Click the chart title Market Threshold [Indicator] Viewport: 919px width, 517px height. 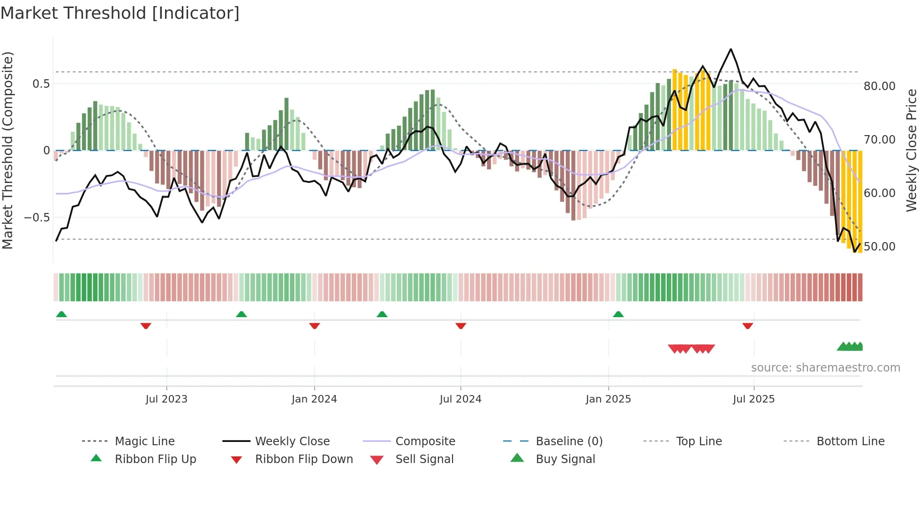(x=120, y=13)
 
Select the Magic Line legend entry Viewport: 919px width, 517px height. (x=144, y=441)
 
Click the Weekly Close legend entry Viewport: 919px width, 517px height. (x=292, y=441)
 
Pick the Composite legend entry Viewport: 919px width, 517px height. (x=425, y=441)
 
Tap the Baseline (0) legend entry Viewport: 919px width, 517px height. (x=569, y=441)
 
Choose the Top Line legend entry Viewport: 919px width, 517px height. (x=699, y=441)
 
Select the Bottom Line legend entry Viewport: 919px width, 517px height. (x=850, y=441)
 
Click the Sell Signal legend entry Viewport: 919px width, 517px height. (x=424, y=459)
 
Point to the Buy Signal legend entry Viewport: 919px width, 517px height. (x=565, y=459)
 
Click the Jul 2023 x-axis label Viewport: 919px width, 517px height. (x=166, y=399)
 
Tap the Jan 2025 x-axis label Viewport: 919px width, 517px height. (x=608, y=399)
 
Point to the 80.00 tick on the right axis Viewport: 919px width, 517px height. (x=880, y=86)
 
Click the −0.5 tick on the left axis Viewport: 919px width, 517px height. (x=37, y=218)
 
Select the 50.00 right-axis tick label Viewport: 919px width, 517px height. (x=880, y=247)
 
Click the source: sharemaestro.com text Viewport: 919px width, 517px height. (x=825, y=368)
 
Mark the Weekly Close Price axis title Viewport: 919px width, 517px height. (x=911, y=150)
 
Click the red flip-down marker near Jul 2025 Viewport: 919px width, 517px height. (x=748, y=326)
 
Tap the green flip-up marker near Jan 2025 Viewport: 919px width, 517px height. (x=618, y=314)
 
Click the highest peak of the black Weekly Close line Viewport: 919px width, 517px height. (x=731, y=49)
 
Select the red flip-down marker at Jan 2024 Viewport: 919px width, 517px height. (x=315, y=326)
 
